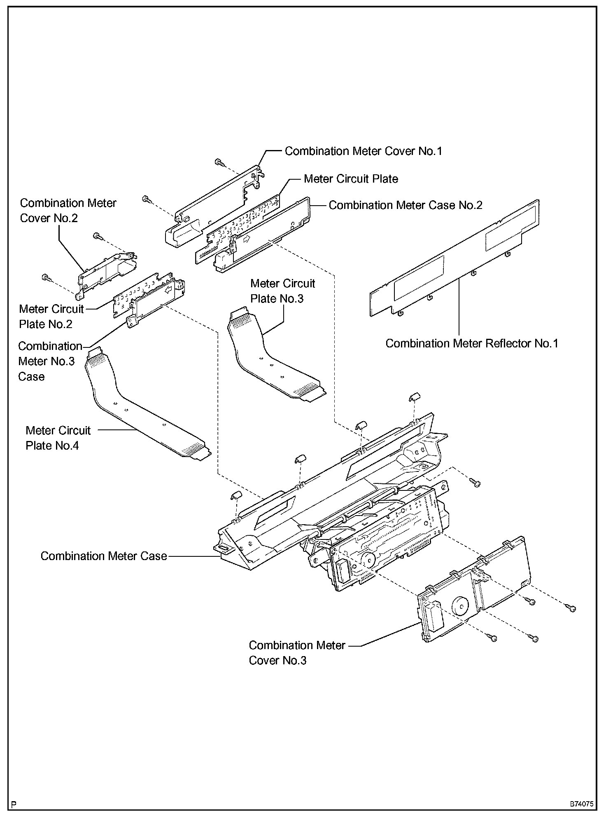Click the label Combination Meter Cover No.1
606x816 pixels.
[x=363, y=151]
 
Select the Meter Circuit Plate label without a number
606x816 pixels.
[x=351, y=179]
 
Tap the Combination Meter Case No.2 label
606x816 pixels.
[x=405, y=205]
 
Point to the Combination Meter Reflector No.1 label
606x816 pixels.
[x=472, y=343]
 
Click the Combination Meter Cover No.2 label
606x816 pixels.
[x=68, y=210]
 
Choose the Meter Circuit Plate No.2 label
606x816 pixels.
[x=51, y=317]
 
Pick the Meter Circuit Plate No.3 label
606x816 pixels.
[x=282, y=291]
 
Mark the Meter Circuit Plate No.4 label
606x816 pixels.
[x=58, y=438]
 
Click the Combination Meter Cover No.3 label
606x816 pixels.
[x=296, y=652]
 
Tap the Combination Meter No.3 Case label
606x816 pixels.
[x=49, y=361]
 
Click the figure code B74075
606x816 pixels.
[x=581, y=803]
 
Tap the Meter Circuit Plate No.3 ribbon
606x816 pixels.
[x=268, y=359]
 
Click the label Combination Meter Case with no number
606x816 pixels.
[x=103, y=556]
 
